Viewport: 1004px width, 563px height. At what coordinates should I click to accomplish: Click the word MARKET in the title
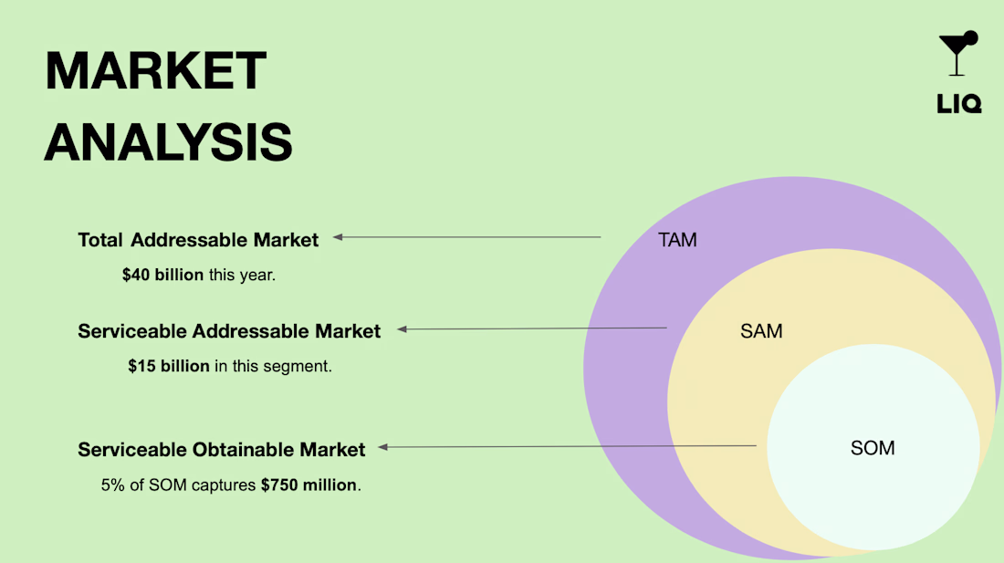155,70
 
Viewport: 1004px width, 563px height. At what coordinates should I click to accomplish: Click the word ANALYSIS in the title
169,142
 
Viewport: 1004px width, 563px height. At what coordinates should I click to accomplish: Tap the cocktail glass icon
957,53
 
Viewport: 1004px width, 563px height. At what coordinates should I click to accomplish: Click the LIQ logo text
958,104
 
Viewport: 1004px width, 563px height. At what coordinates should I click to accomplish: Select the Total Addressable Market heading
198,240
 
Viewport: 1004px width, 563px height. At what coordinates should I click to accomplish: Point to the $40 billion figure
162,275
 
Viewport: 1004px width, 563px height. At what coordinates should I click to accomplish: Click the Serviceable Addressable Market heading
229,331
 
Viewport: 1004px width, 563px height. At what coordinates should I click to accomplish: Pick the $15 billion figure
169,366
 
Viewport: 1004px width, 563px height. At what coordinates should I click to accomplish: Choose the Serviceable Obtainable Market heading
222,450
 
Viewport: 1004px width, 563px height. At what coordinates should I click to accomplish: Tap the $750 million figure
309,485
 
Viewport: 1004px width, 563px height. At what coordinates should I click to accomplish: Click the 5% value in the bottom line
112,485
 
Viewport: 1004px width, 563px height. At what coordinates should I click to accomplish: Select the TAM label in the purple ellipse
677,240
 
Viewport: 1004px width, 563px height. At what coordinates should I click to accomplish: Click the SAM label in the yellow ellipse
761,331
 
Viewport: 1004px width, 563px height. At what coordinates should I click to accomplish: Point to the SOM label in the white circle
873,448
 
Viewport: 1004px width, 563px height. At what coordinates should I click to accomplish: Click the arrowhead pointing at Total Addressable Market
338,237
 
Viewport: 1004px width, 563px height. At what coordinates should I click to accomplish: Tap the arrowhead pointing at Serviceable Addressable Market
403,329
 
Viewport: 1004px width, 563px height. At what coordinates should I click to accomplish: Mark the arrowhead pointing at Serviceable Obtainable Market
383,447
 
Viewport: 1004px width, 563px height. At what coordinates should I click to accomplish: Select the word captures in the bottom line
224,485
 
